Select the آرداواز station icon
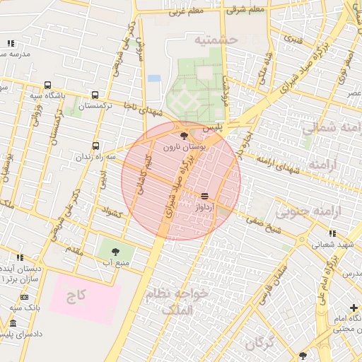click(x=204, y=194)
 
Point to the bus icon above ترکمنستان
click(x=95, y=95)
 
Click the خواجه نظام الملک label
click(x=176, y=300)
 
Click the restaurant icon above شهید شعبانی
click(x=331, y=233)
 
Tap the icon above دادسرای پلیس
click(x=12, y=323)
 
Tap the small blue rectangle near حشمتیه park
click(x=154, y=78)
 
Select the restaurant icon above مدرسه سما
click(x=11, y=44)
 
